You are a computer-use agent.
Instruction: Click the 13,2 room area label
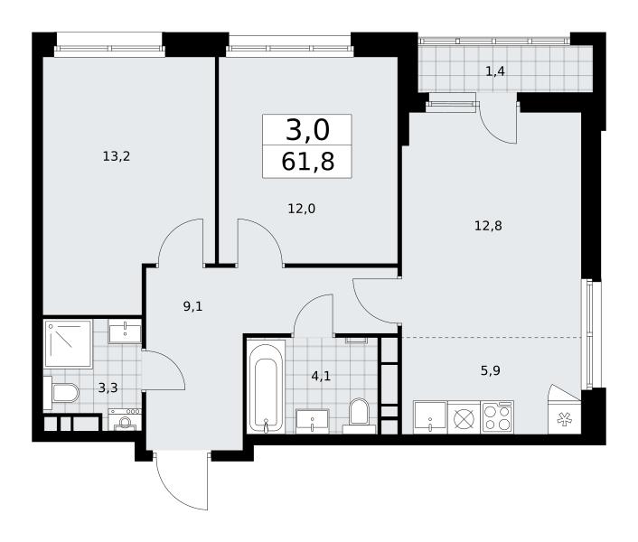(x=117, y=156)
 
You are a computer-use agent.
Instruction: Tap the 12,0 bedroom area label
(x=302, y=209)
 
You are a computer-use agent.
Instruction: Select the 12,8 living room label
(x=488, y=225)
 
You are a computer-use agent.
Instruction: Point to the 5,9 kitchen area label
(x=491, y=371)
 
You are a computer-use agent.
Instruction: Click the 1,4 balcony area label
(x=495, y=71)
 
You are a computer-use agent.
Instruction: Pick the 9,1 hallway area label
(x=192, y=306)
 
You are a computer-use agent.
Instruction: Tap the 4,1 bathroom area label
(x=321, y=376)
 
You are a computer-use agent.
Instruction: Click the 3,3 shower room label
(x=108, y=388)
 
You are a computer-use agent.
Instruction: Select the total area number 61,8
(x=307, y=162)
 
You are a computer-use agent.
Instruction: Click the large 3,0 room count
(x=307, y=131)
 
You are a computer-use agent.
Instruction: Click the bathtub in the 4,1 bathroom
(x=267, y=388)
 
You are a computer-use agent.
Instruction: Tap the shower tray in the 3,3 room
(x=68, y=343)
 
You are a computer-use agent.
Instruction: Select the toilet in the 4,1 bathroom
(x=359, y=416)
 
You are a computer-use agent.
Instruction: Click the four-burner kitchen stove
(x=497, y=417)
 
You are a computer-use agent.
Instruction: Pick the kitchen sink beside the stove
(x=430, y=417)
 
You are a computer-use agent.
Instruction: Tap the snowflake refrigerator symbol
(x=565, y=420)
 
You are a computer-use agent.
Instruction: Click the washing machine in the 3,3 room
(x=125, y=420)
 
